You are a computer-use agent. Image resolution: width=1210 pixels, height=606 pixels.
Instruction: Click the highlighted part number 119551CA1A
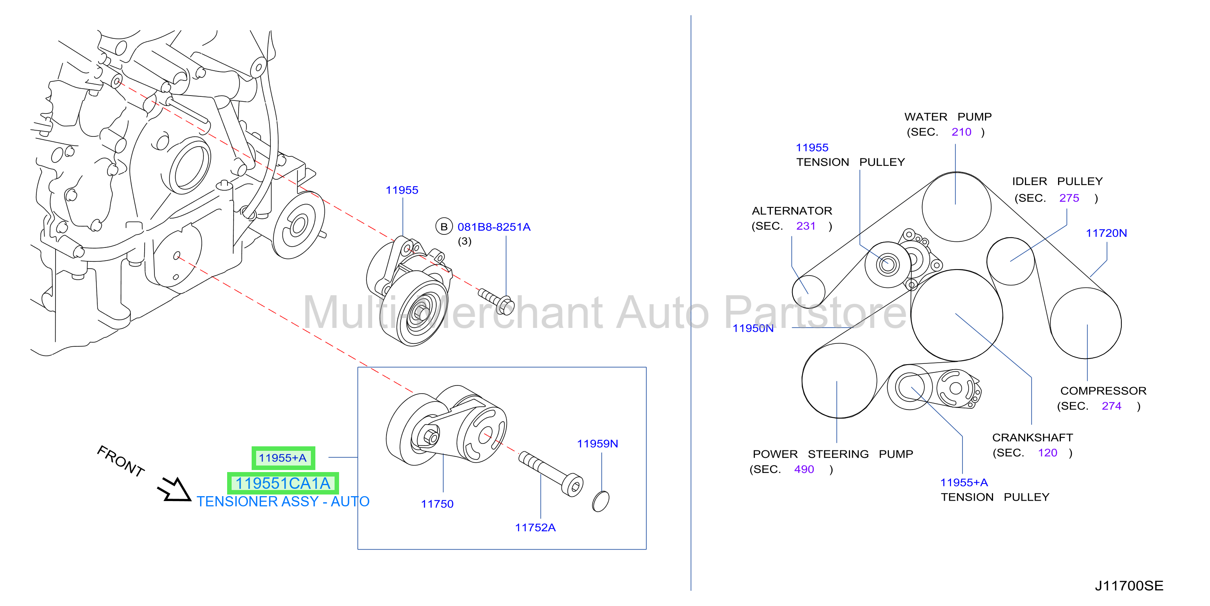(x=283, y=483)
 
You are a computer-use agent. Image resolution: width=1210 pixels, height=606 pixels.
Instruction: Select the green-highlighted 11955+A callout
(x=283, y=458)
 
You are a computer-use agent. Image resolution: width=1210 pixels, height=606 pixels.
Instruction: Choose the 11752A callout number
(x=535, y=528)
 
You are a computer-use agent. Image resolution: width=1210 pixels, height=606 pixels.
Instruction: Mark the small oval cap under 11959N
(x=601, y=501)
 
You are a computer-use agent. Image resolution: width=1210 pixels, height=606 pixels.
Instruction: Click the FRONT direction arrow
(x=175, y=490)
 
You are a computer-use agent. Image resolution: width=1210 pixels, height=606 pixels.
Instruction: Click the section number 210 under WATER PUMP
(x=961, y=132)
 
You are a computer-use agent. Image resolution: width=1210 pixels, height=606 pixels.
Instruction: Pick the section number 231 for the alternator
(x=806, y=226)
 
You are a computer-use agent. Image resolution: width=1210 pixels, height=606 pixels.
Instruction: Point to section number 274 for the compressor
(x=1112, y=406)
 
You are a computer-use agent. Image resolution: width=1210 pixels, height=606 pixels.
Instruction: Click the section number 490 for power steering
(x=804, y=469)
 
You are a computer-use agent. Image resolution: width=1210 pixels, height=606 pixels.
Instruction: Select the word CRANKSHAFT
(x=1032, y=437)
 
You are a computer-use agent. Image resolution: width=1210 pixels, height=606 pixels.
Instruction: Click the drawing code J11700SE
(x=1129, y=586)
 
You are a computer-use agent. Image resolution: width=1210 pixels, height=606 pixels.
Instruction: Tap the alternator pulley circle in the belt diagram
(x=808, y=291)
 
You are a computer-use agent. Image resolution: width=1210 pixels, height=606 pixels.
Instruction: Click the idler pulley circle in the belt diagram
(x=1010, y=261)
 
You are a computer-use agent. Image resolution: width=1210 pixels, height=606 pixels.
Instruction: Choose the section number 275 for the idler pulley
(x=1069, y=198)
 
